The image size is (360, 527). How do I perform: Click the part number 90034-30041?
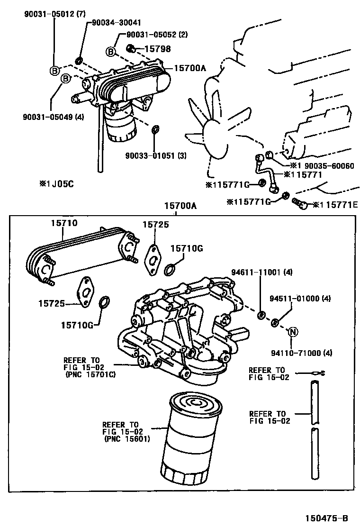click(x=116, y=23)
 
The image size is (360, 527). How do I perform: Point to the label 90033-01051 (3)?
click(x=156, y=155)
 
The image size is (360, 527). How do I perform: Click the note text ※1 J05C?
click(x=56, y=184)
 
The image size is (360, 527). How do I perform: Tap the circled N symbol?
click(x=292, y=332)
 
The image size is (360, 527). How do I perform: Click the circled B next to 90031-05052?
click(x=110, y=51)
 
